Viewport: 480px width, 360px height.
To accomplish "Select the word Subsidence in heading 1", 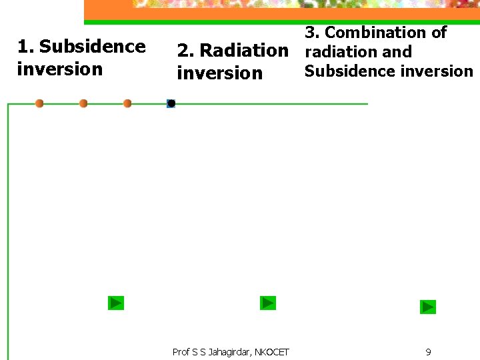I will tap(92, 47).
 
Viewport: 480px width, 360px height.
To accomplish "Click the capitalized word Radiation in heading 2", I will tap(243, 51).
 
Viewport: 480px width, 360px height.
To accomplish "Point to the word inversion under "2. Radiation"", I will tap(219, 73).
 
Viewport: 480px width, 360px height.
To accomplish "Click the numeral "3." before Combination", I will tap(313, 32).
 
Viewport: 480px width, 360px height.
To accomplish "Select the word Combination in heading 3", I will tap(385, 32).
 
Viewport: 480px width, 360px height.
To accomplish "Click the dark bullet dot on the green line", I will tap(171, 103).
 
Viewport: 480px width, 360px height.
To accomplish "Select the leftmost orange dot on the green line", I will tap(39, 103).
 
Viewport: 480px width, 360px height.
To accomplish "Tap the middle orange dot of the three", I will tap(83, 103).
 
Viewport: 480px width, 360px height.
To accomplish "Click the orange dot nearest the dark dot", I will tap(127, 103).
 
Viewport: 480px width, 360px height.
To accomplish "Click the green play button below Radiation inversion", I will tap(267, 303).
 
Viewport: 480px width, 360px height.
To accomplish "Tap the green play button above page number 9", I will tap(427, 307).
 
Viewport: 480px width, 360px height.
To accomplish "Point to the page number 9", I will tap(428, 352).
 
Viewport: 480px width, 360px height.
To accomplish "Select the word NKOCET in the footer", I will tap(273, 352).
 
